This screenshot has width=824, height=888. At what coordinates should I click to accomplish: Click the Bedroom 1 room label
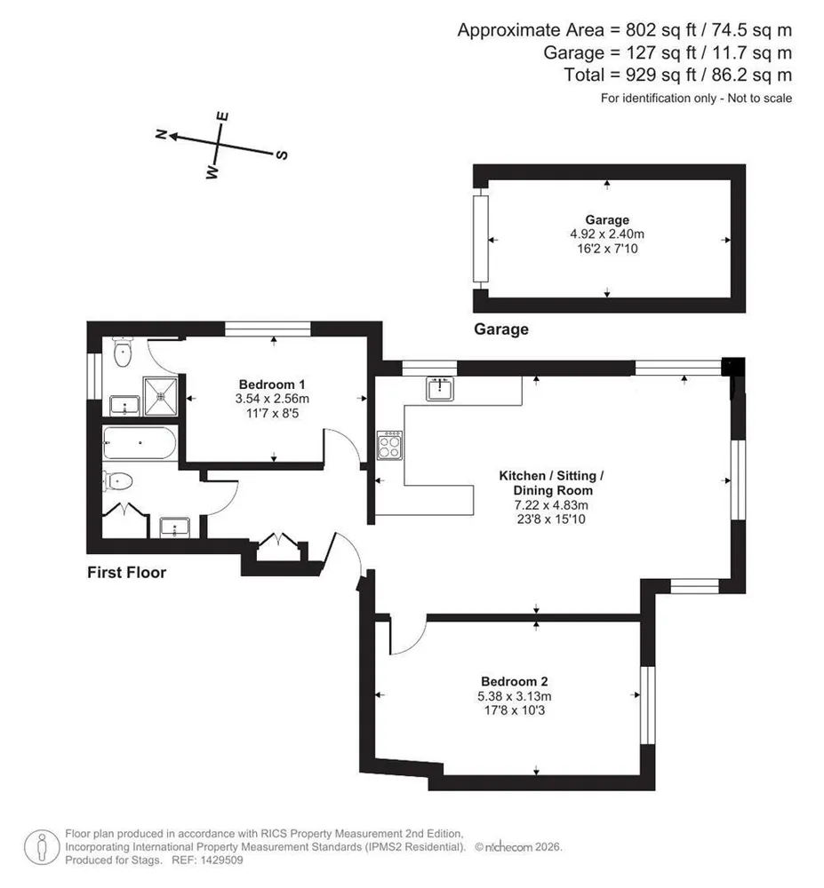(272, 385)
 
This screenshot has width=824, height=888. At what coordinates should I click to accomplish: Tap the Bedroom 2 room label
(515, 682)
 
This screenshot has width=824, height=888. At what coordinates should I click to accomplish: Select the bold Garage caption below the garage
(501, 329)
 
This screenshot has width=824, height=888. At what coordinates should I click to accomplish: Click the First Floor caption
(126, 573)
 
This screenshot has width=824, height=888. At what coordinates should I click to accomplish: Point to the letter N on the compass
(161, 134)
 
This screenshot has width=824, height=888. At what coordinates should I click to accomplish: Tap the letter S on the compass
(282, 155)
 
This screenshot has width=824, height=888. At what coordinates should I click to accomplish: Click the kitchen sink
(440, 389)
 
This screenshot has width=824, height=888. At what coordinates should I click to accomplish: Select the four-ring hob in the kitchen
(390, 446)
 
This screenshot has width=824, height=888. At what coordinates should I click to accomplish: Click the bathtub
(140, 443)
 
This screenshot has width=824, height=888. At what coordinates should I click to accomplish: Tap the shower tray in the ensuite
(161, 395)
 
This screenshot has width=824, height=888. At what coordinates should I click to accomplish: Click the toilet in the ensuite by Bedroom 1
(123, 352)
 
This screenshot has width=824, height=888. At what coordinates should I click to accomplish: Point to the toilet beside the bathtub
(118, 481)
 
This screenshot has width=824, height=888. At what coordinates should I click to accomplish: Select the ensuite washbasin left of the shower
(124, 406)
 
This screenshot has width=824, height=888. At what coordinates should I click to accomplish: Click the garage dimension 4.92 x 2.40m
(607, 234)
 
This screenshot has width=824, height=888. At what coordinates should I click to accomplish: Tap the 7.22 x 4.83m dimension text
(551, 504)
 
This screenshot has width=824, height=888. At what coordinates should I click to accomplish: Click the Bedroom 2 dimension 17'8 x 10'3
(515, 710)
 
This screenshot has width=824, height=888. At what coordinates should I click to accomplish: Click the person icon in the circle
(42, 847)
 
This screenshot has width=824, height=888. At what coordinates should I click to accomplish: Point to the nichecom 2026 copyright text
(518, 847)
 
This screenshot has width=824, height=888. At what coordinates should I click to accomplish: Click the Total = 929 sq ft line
(678, 75)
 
